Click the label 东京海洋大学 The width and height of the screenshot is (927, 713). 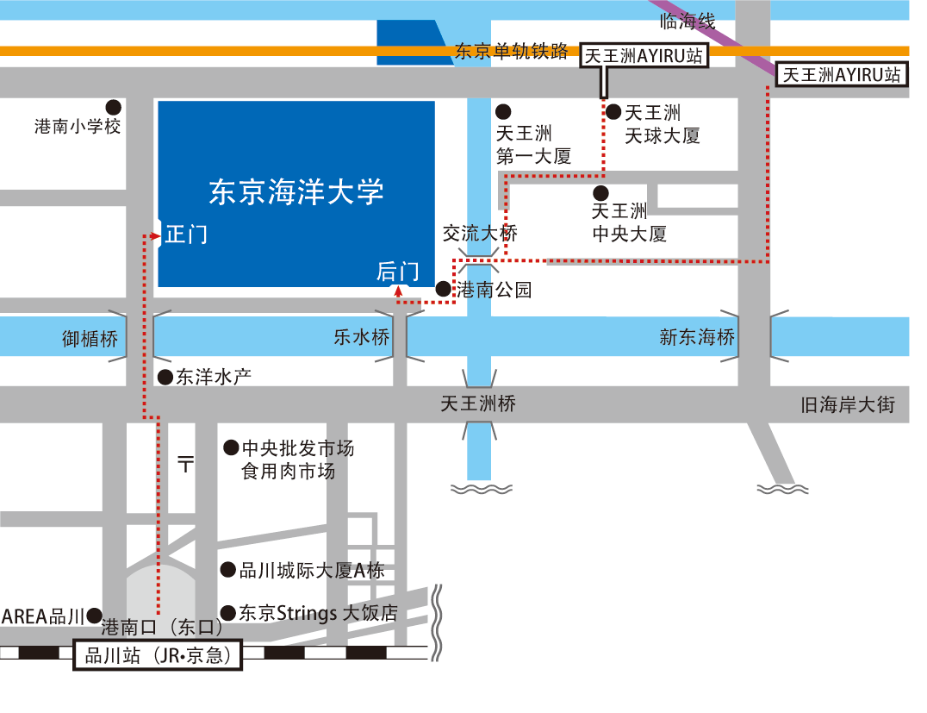(296, 191)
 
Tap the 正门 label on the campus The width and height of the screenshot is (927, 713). (186, 235)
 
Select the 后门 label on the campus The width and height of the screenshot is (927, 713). (398, 272)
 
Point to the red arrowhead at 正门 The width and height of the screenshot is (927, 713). (155, 236)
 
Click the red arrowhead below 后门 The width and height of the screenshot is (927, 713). (399, 291)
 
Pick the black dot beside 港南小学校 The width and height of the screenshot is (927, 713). (114, 107)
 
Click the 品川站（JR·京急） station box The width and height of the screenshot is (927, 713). (158, 655)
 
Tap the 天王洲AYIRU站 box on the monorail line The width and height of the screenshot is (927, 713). (644, 56)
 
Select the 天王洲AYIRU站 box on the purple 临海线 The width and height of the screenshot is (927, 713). (841, 74)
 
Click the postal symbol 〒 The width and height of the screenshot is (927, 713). (185, 463)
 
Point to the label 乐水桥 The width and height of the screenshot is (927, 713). (362, 337)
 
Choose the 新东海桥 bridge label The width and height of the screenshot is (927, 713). (697, 337)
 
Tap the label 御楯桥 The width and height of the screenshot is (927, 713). (90, 339)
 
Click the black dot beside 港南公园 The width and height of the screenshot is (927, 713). (444, 289)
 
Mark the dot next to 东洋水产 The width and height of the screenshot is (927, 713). (165, 378)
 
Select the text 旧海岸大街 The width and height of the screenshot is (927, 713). (848, 404)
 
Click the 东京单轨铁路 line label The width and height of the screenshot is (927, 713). (512, 52)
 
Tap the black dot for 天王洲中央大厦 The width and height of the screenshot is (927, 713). (600, 193)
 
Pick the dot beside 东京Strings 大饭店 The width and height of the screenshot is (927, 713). (228, 613)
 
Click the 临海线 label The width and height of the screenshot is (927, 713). (687, 22)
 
